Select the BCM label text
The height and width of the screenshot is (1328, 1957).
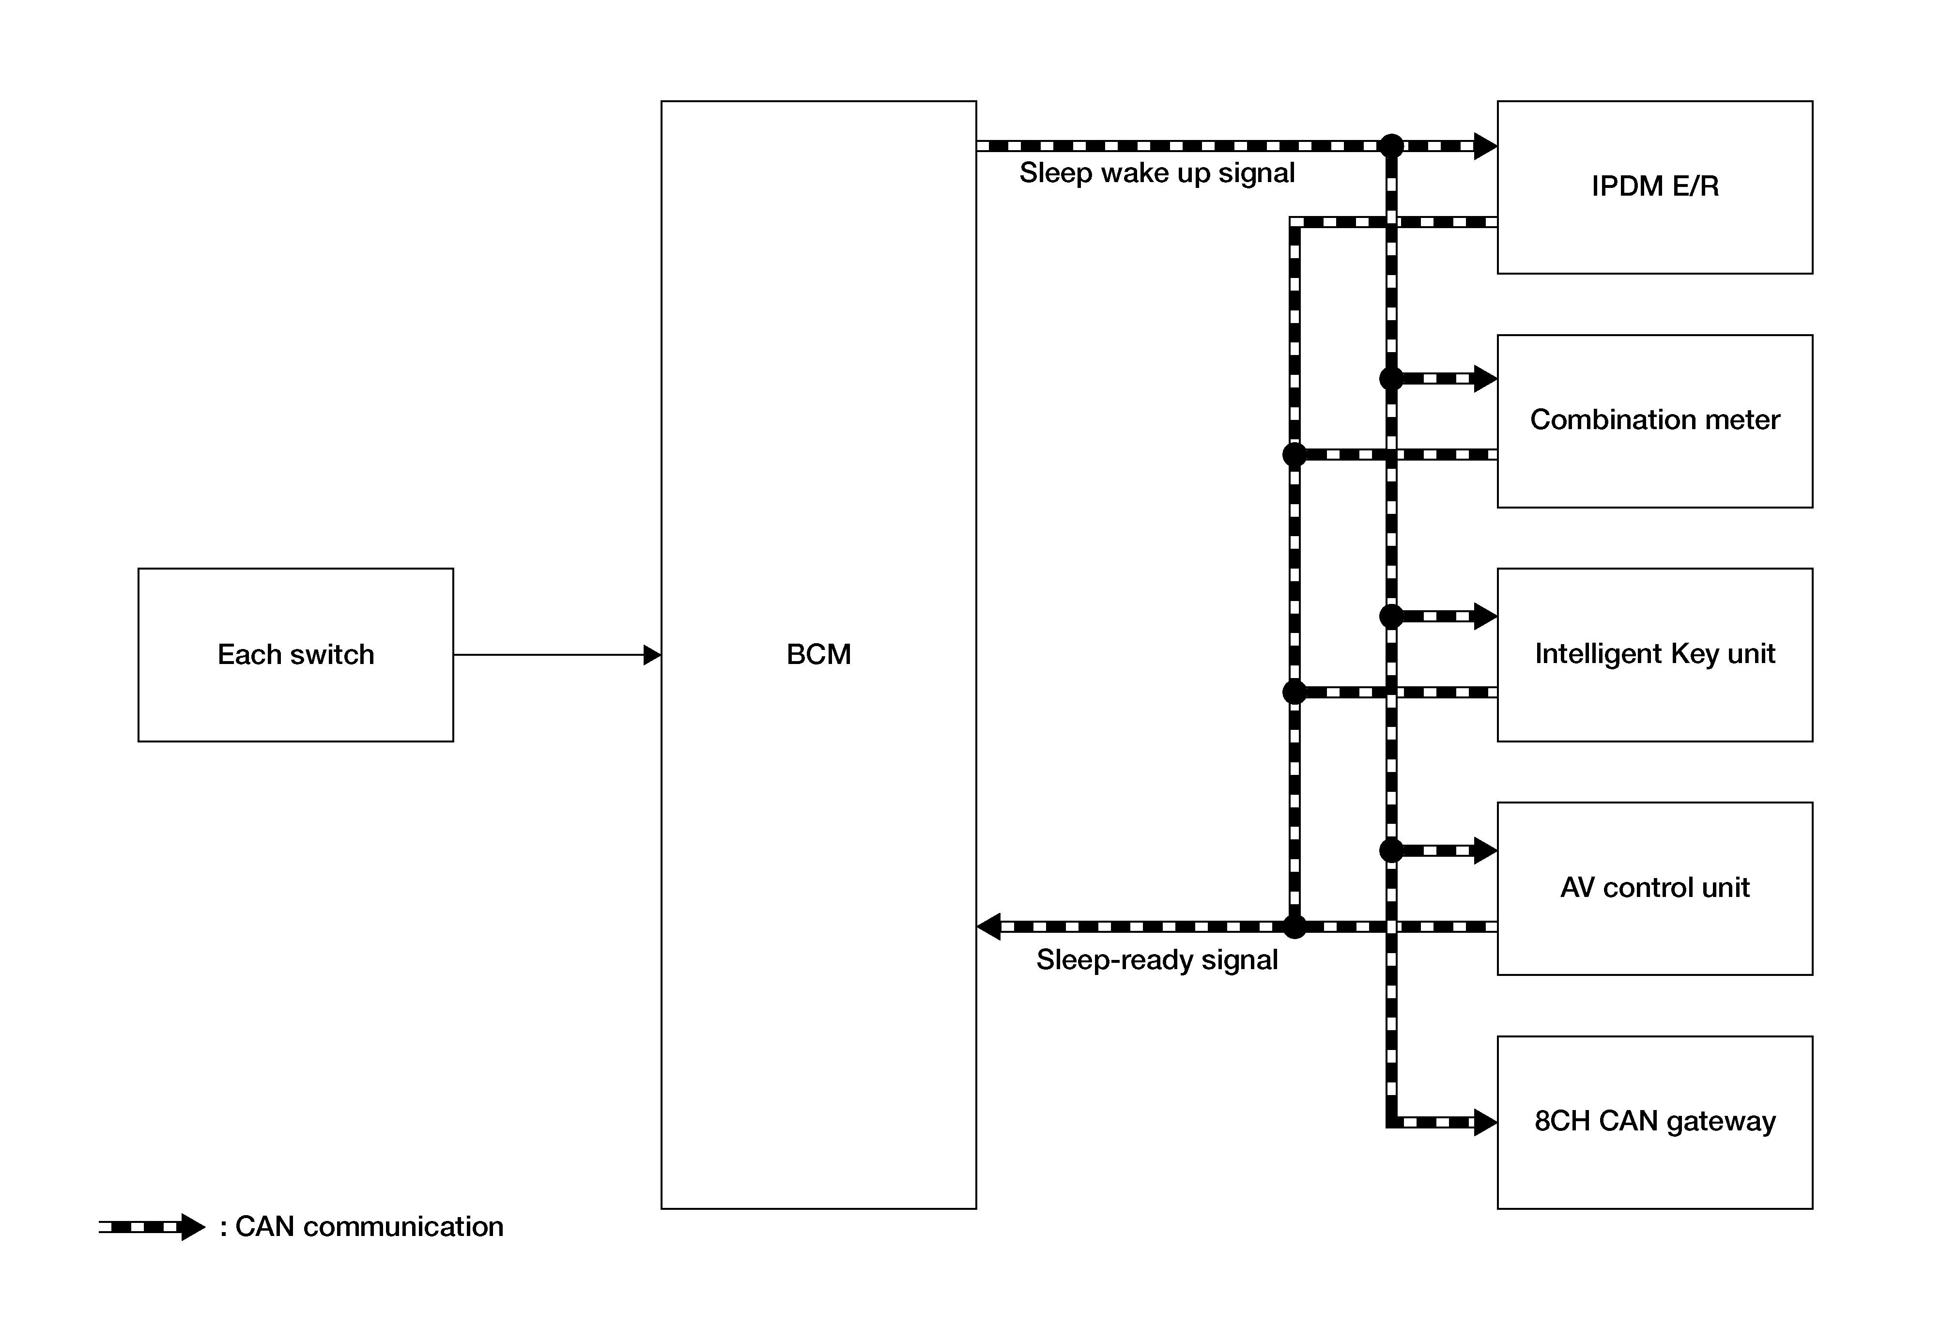[x=818, y=654]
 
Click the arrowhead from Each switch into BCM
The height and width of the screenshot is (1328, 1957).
[x=653, y=654]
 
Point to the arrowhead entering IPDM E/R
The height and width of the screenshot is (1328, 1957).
[x=1485, y=146]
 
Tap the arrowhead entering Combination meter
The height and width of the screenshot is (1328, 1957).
[x=1485, y=379]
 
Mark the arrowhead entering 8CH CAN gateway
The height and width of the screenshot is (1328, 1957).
[x=1485, y=1123]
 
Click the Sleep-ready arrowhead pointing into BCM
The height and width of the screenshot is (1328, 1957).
[x=988, y=927]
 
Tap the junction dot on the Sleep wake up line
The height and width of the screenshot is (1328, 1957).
[x=1391, y=146]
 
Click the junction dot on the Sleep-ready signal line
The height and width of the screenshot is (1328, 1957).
[x=1294, y=927]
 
